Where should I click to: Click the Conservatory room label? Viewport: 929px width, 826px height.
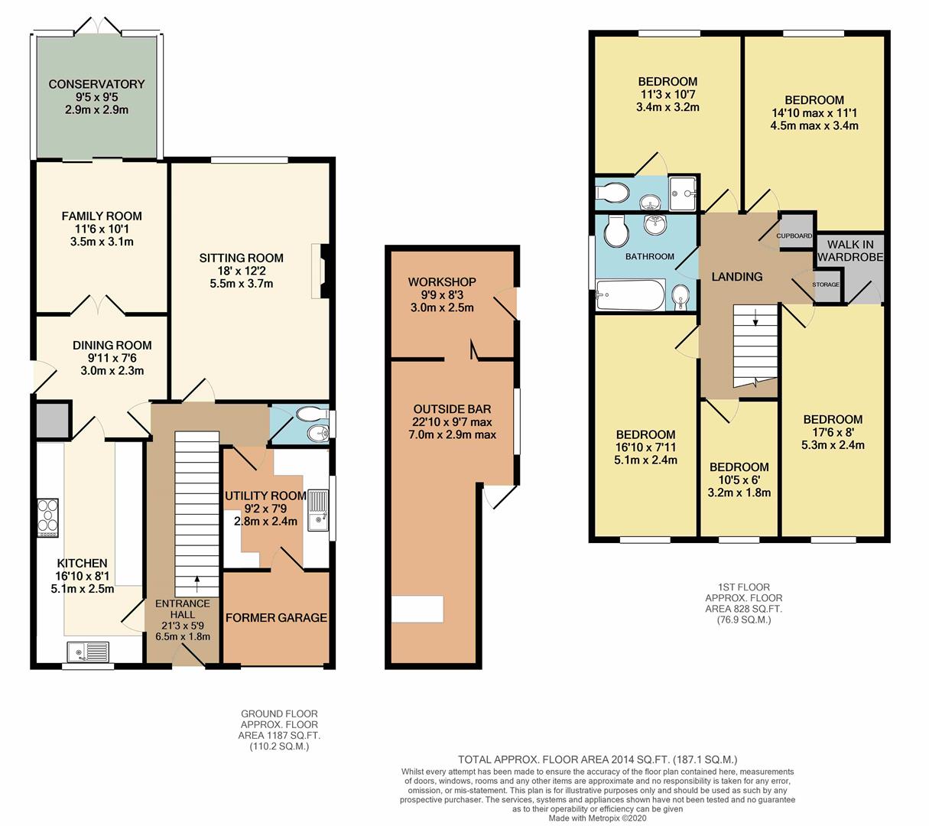pyautogui.click(x=96, y=84)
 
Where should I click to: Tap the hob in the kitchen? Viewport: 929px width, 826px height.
pyautogui.click(x=47, y=518)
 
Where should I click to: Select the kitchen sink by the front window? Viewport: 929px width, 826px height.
pyautogui.click(x=89, y=652)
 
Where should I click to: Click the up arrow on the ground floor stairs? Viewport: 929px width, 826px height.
pyautogui.click(x=197, y=584)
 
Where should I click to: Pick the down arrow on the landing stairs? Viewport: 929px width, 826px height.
pyautogui.click(x=755, y=317)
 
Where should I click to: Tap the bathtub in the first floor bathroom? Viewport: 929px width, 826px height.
pyautogui.click(x=630, y=295)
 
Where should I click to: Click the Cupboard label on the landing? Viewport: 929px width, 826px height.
pyautogui.click(x=794, y=236)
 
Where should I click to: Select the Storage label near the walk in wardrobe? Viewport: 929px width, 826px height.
pyautogui.click(x=825, y=285)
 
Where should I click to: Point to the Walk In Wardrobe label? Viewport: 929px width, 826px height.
pyautogui.click(x=849, y=251)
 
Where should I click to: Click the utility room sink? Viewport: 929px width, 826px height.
pyautogui.click(x=318, y=510)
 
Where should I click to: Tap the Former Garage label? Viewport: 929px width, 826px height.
pyautogui.click(x=276, y=618)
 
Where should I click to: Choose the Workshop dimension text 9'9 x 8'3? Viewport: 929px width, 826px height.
pyautogui.click(x=442, y=295)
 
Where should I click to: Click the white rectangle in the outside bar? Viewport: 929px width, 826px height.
pyautogui.click(x=417, y=609)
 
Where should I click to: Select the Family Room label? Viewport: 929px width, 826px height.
pyautogui.click(x=102, y=216)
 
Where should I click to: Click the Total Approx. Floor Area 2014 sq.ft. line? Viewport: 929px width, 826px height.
pyautogui.click(x=597, y=759)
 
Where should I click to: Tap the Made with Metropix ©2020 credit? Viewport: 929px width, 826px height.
pyautogui.click(x=597, y=818)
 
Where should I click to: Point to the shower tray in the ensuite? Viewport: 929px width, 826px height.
pyautogui.click(x=683, y=193)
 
